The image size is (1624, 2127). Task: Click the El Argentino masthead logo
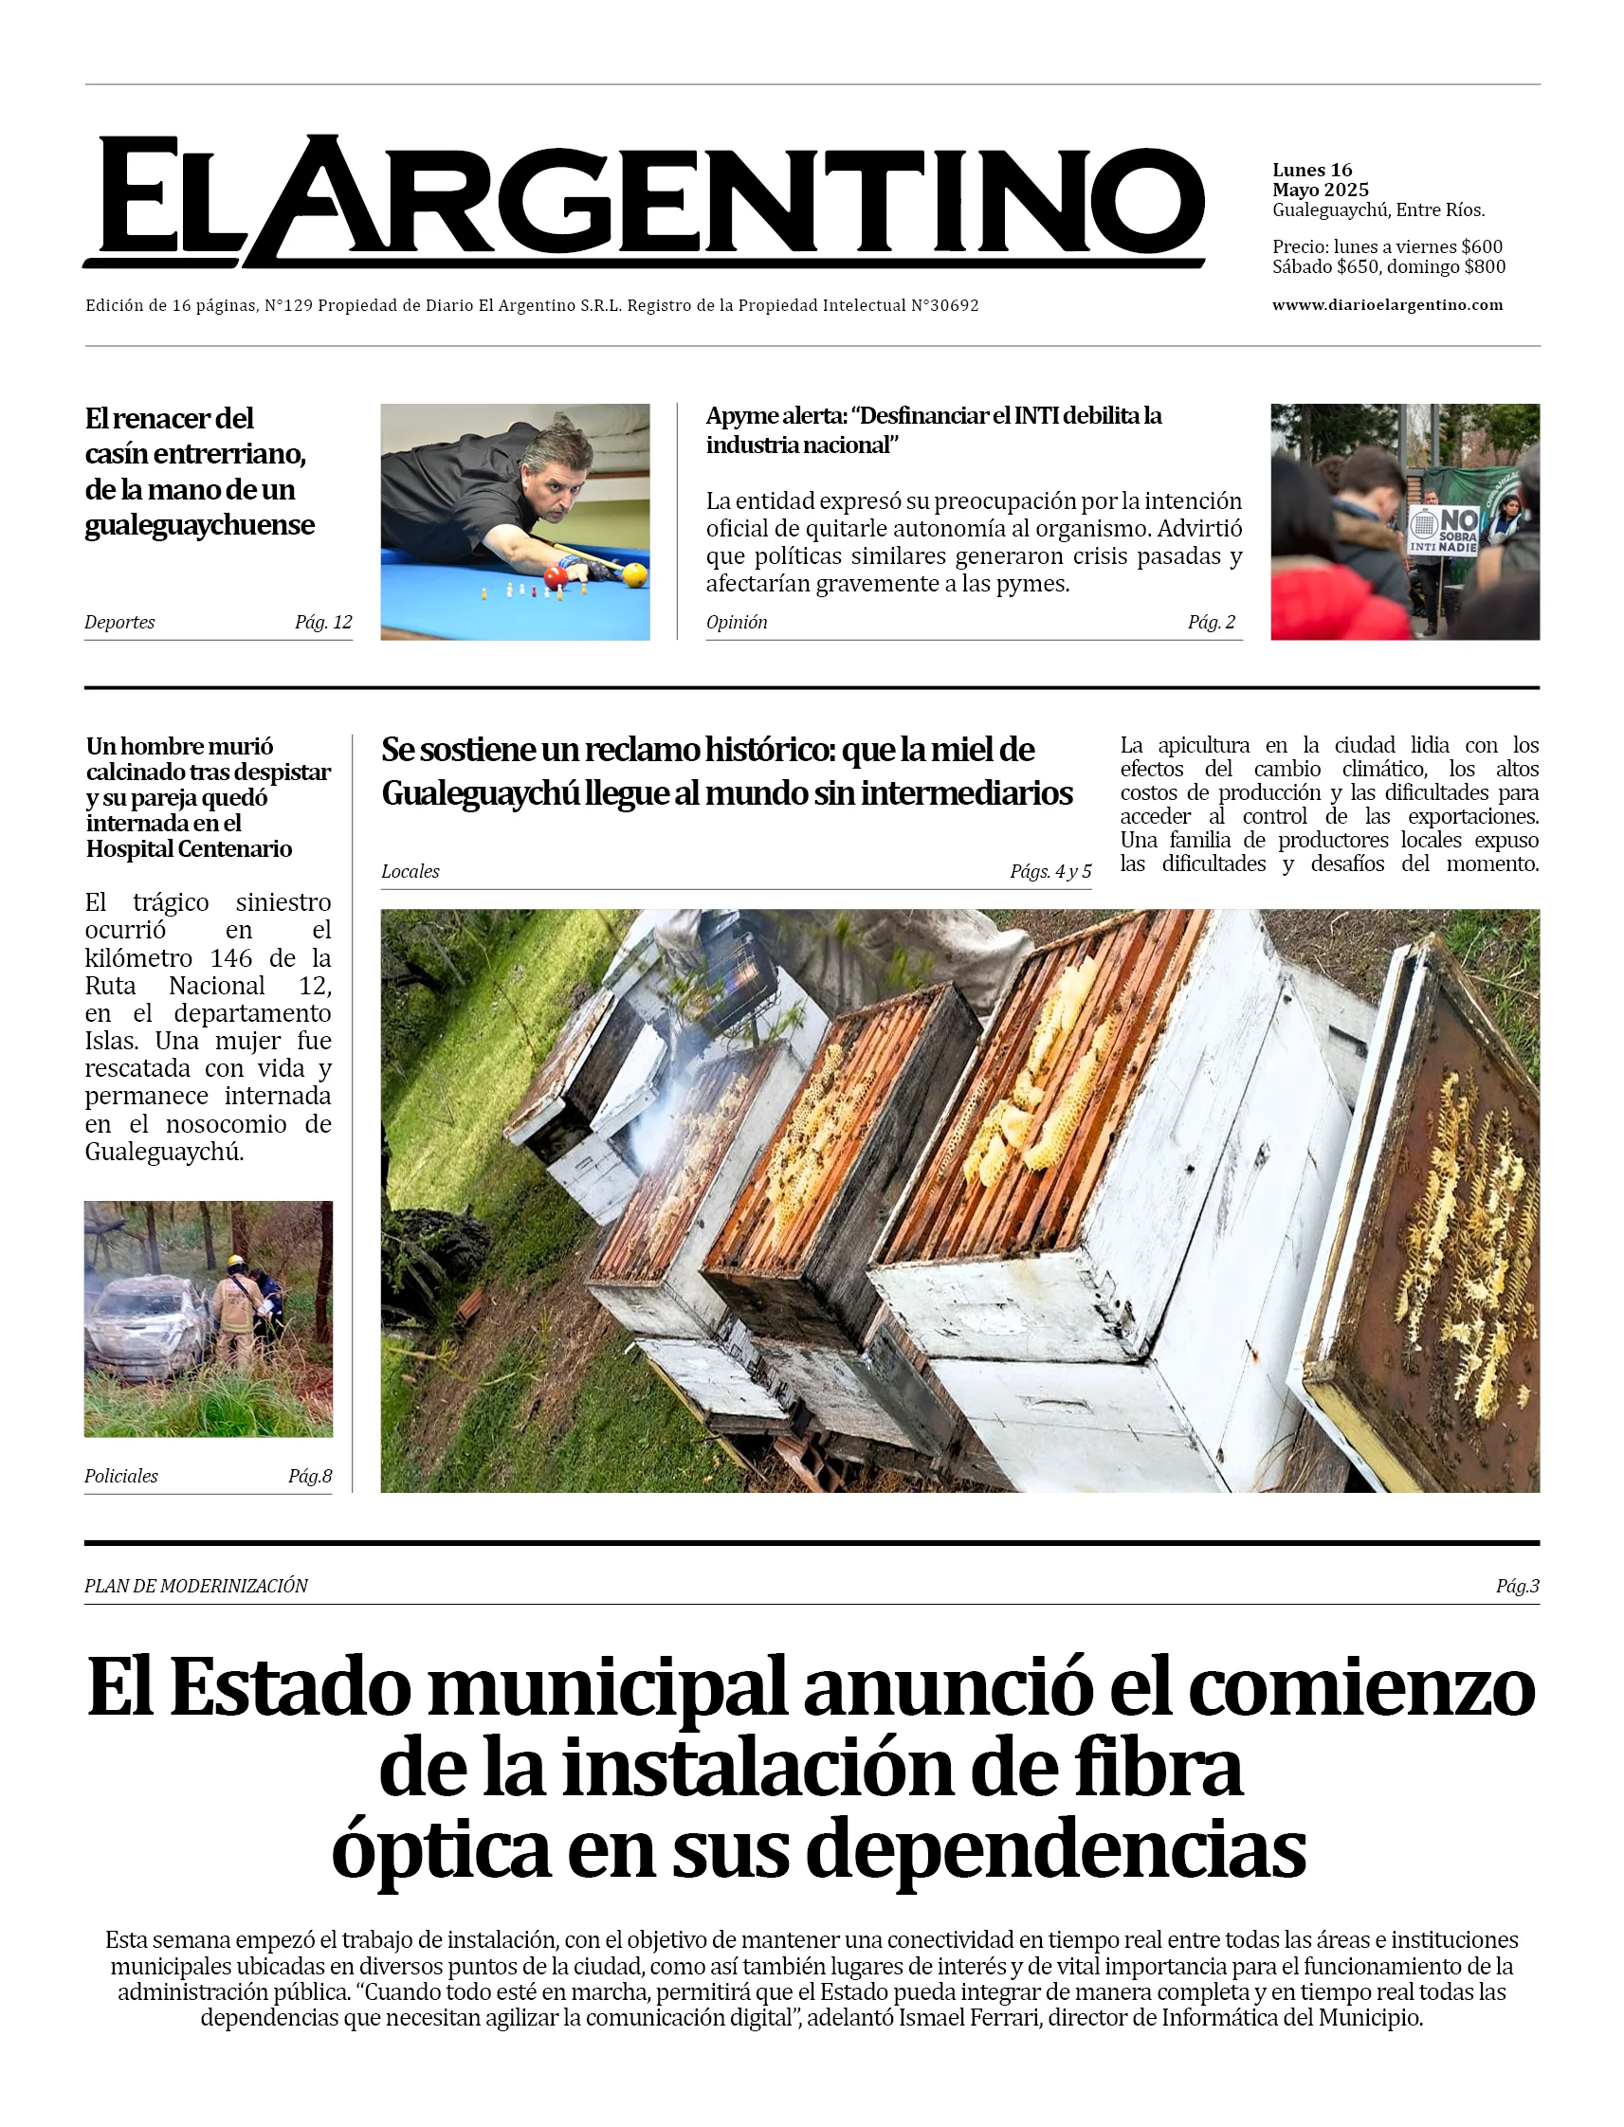tap(644, 201)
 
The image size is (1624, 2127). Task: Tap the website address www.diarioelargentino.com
tap(1387, 305)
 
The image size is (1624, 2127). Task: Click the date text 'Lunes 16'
tap(1312, 170)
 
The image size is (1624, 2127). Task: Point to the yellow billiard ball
tap(635, 575)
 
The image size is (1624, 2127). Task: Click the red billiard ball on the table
tap(556, 578)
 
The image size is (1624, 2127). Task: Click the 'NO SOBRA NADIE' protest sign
tap(1443, 530)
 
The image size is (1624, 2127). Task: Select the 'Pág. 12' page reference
tap(323, 623)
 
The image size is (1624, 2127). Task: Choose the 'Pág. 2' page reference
tap(1212, 623)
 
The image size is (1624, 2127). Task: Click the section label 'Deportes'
tap(119, 623)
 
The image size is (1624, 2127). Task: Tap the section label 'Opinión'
tap(737, 623)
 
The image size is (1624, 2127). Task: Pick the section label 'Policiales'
tap(120, 1476)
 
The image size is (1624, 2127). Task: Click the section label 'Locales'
tap(410, 872)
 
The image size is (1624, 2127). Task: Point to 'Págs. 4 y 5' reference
tap(1049, 872)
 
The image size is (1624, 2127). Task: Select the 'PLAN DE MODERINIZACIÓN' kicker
tap(196, 1586)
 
